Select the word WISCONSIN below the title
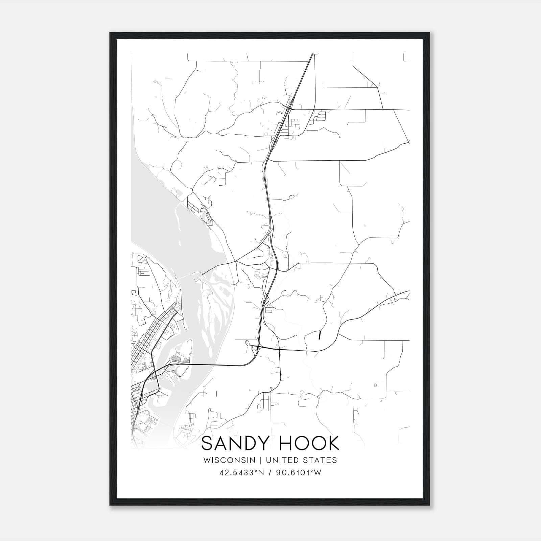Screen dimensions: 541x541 click(x=232, y=460)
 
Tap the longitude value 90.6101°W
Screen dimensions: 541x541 click(x=299, y=473)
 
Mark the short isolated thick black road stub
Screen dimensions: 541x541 click(x=320, y=335)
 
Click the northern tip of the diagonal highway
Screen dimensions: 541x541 click(x=312, y=54)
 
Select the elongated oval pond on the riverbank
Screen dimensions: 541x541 click(x=205, y=216)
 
